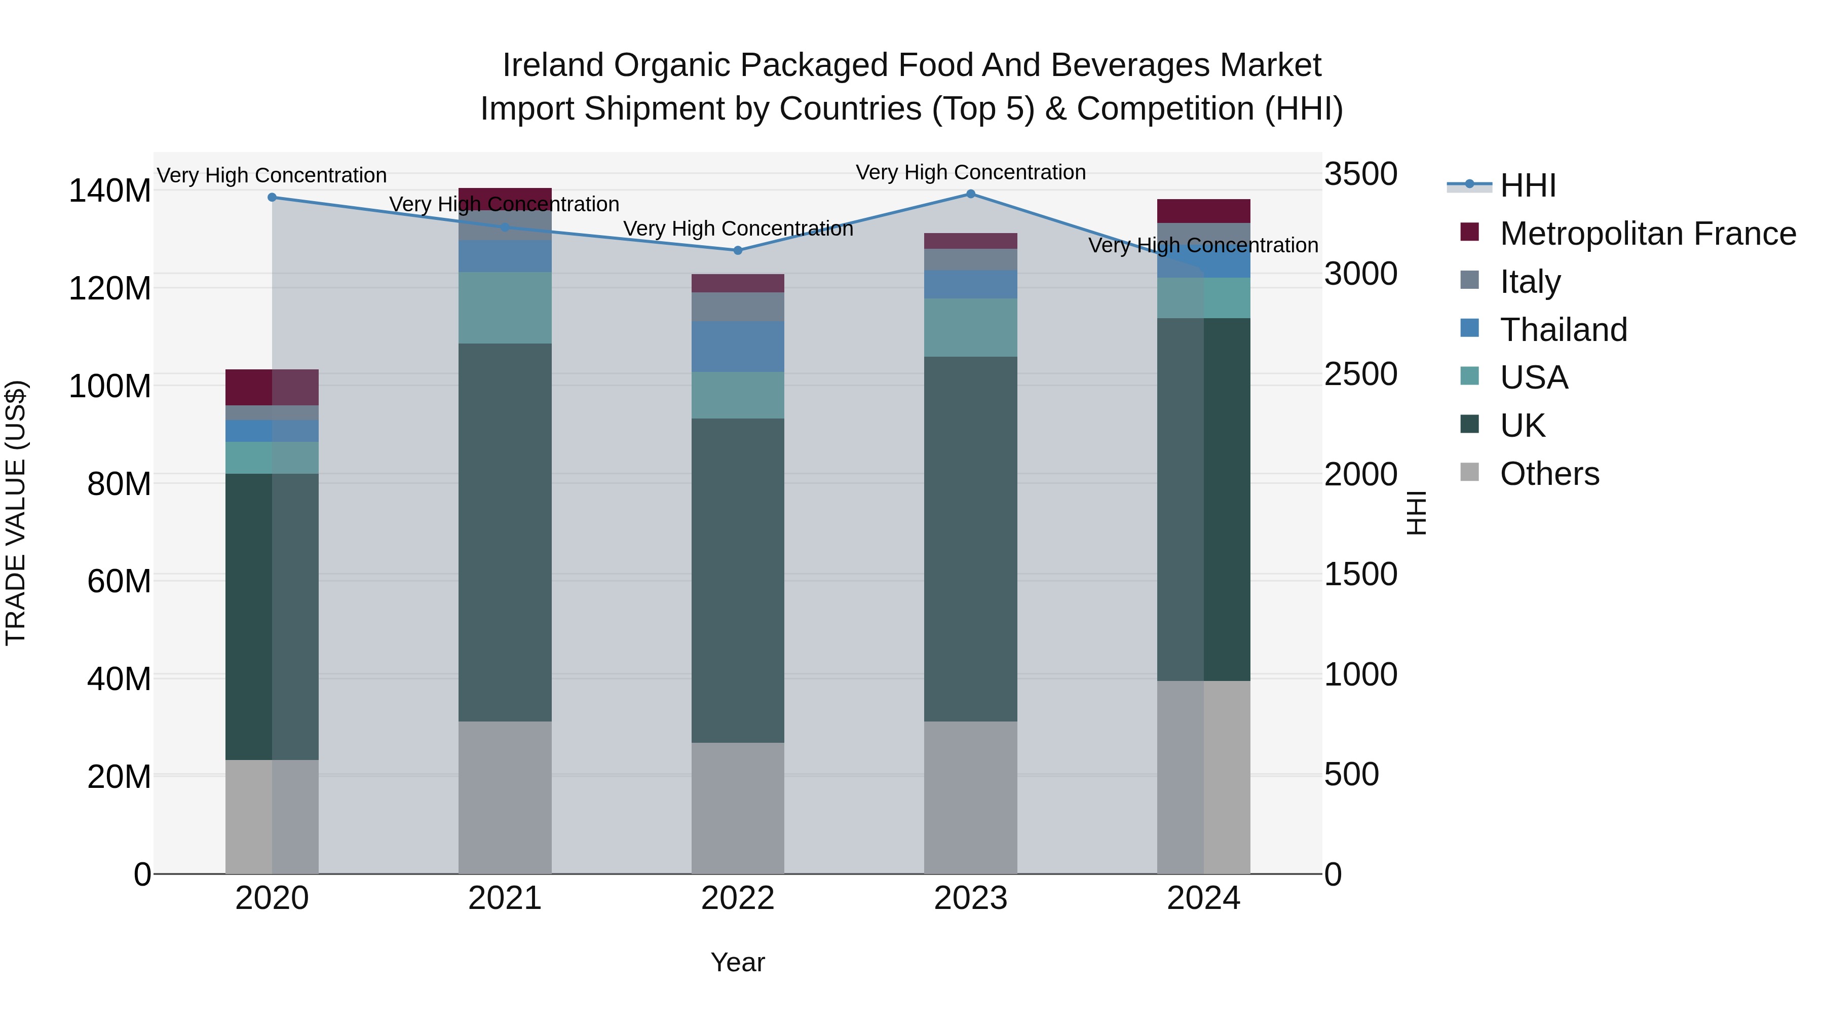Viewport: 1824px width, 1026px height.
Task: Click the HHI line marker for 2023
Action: pos(970,194)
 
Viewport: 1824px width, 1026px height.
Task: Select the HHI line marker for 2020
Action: pos(272,198)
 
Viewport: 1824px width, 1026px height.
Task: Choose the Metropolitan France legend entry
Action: pos(1647,234)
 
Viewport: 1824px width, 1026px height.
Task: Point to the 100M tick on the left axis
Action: pos(110,387)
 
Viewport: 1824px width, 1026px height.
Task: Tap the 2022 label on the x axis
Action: pos(737,898)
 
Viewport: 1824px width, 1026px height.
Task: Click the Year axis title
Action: pos(737,962)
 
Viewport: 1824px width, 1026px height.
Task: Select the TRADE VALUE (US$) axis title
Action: pos(16,513)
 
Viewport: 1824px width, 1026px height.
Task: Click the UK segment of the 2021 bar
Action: pos(505,533)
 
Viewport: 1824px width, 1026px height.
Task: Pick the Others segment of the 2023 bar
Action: pos(970,797)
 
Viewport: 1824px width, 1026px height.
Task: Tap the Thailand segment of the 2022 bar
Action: pos(737,346)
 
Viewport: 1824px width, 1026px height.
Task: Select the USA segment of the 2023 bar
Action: pos(970,327)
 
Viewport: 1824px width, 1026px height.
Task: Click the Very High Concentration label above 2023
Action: pos(970,172)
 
